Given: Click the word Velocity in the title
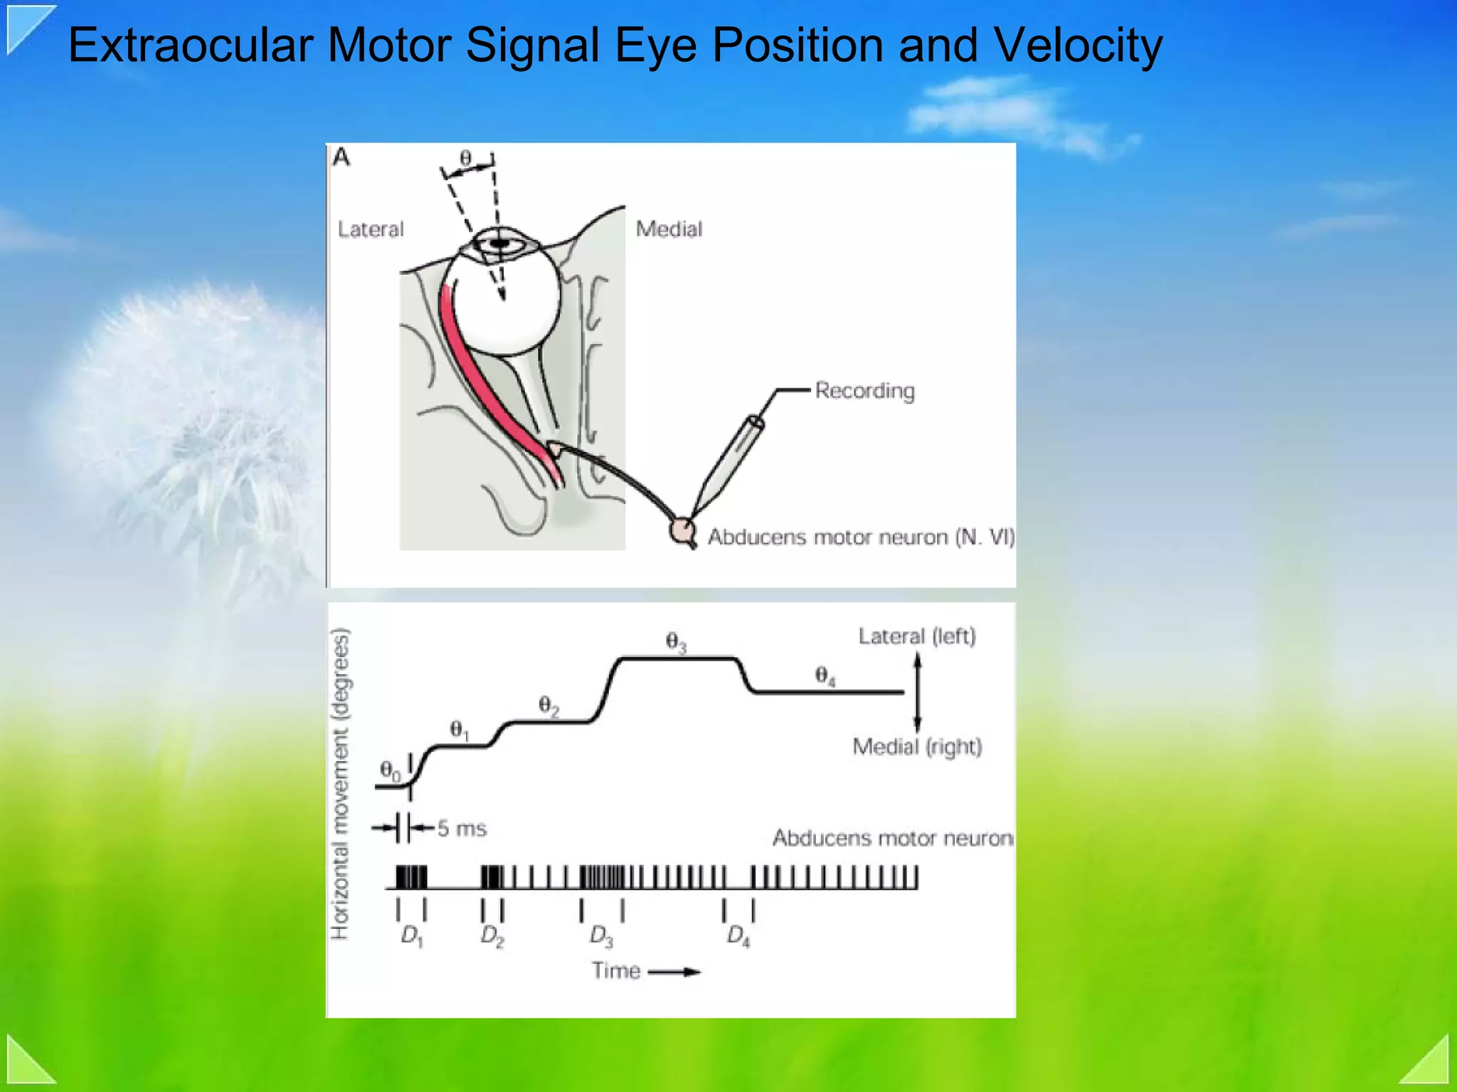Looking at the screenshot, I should pos(1077,46).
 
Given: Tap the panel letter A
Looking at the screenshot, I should pos(341,157).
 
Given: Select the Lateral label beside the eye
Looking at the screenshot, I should pos(370,229).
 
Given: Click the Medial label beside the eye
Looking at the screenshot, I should pos(669,229).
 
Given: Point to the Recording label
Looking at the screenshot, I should pos(864,391).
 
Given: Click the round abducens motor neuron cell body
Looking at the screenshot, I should pos(682,530).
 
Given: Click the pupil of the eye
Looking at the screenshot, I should pos(500,243).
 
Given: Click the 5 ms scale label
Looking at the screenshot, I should pos(461,829).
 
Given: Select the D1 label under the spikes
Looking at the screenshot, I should pos(412,935).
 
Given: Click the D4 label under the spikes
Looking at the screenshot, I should pos(738,935).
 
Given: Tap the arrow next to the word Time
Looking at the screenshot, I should pos(674,972).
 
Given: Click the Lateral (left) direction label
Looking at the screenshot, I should pos(916,636).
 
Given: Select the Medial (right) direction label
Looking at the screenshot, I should pos(917,747).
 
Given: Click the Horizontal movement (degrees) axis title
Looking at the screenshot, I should pos(341,783).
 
